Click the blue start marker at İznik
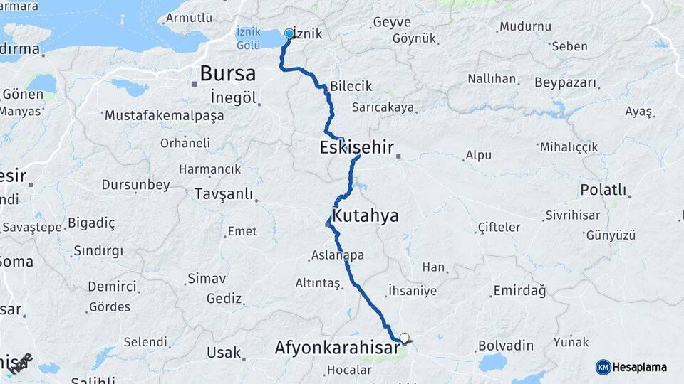[x=289, y=33]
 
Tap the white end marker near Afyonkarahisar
[x=405, y=338]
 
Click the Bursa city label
[x=227, y=73]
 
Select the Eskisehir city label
[x=357, y=149]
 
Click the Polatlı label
[x=603, y=190]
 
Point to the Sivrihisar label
[x=574, y=214]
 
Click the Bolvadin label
[x=506, y=346]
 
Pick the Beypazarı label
[x=565, y=82]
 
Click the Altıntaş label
[x=318, y=283]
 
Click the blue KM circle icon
[x=603, y=367]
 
